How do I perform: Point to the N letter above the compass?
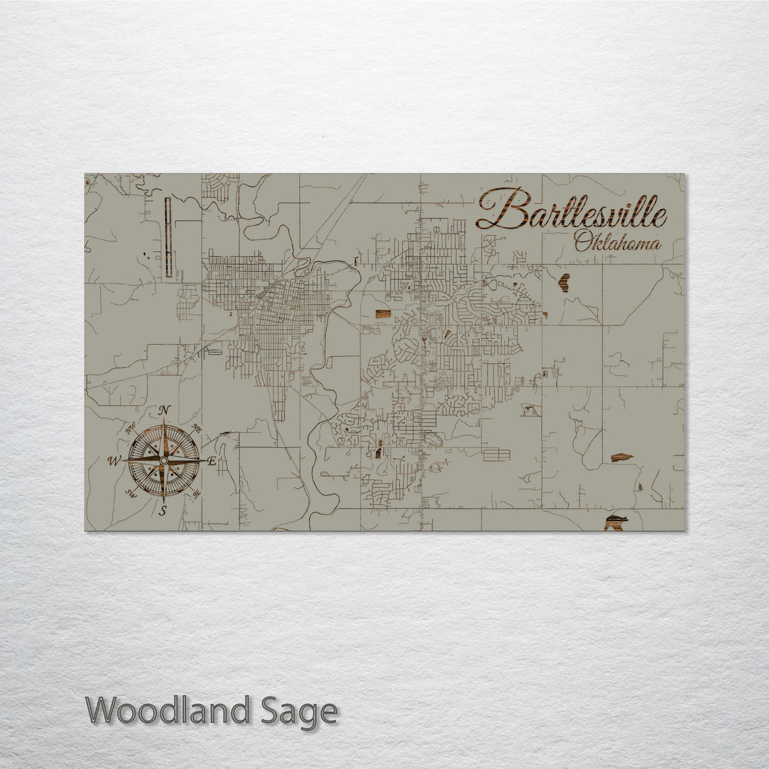(x=164, y=410)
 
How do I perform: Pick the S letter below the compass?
(x=163, y=511)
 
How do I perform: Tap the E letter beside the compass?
(x=211, y=461)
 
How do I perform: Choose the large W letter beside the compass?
(x=114, y=461)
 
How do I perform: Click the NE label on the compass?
(x=197, y=429)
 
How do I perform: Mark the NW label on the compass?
(x=131, y=429)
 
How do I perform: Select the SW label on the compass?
(x=131, y=493)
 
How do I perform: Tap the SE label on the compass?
(x=197, y=493)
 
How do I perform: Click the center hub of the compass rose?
(x=164, y=461)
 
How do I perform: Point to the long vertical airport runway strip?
(x=169, y=237)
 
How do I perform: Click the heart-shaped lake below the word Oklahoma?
(x=564, y=283)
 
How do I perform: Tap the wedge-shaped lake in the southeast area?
(x=621, y=457)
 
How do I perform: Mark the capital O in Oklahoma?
(x=582, y=243)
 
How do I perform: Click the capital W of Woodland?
(x=103, y=711)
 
